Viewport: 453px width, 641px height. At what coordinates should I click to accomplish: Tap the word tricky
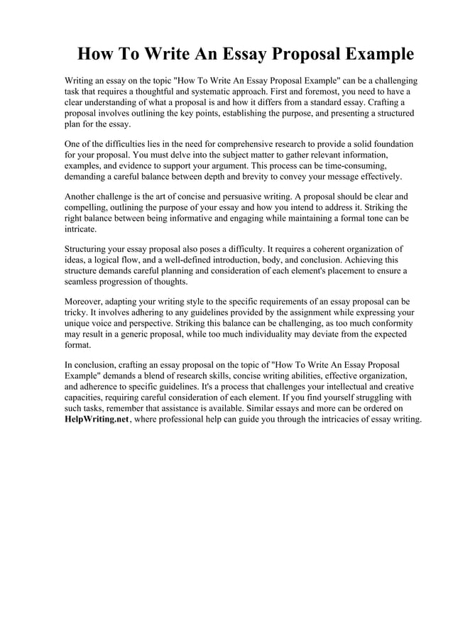pyautogui.click(x=75, y=312)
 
